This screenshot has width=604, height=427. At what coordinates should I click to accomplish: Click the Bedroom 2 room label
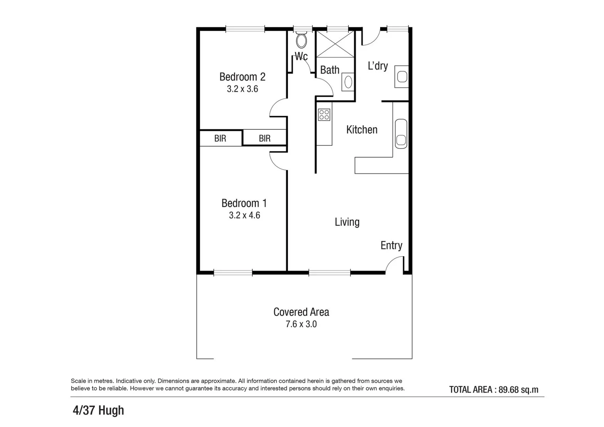pos(242,77)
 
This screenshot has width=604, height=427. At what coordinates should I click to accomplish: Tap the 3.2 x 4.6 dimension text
pos(244,215)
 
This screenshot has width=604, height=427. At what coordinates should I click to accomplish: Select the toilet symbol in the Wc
pos(301,41)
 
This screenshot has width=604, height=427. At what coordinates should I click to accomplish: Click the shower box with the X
pos(335,44)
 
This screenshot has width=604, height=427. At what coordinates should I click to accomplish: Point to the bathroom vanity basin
pos(348,82)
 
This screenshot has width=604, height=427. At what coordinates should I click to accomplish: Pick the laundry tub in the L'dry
pos(402,77)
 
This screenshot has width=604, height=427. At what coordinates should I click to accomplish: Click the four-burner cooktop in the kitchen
pos(324,115)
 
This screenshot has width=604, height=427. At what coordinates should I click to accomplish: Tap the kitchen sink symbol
pos(401,134)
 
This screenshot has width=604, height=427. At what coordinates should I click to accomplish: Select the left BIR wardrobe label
pos(220,138)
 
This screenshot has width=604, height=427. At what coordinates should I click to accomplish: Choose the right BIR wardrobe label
pos(265,138)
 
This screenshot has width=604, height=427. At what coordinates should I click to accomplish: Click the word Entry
pos(391,246)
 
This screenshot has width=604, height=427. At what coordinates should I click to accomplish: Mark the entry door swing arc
pos(394,264)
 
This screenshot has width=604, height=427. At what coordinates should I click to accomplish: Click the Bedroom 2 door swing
pos(278,108)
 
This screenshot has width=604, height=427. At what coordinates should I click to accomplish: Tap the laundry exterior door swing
pos(371,38)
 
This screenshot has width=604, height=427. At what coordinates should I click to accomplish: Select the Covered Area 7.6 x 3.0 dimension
pos(301,324)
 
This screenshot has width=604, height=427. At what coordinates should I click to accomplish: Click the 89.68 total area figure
pos(508,389)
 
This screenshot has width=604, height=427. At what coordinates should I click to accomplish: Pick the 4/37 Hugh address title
pos(98,410)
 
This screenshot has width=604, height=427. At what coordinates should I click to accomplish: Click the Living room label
pos(347,222)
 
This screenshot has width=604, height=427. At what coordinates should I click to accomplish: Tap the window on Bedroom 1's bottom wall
pos(233,272)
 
